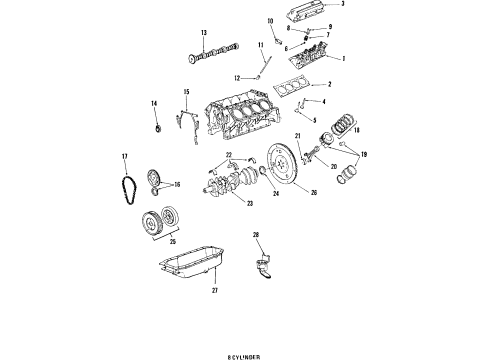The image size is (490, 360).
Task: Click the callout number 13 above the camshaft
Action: point(203,33)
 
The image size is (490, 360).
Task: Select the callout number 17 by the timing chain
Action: point(124,157)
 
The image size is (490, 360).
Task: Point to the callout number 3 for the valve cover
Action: point(342,5)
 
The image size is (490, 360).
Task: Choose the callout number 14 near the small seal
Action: point(154,104)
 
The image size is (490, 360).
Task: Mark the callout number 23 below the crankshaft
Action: point(250,203)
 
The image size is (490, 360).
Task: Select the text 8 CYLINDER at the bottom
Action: point(244,354)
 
